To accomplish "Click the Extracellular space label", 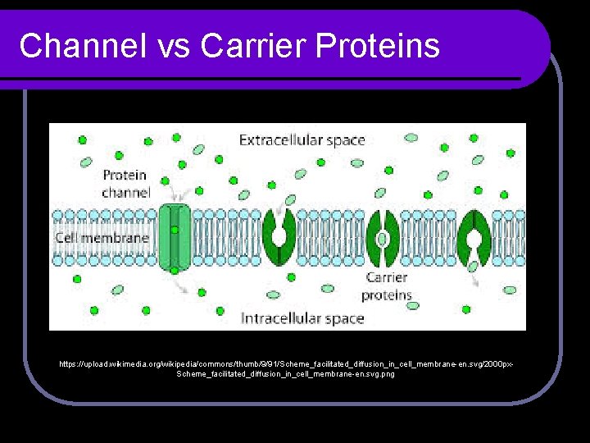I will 302,140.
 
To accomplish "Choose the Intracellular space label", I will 302,317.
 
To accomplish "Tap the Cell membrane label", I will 102,238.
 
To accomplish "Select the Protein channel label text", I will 125,184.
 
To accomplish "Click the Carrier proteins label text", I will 386,286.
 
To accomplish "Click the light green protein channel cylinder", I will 175,237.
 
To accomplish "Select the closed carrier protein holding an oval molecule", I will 383,238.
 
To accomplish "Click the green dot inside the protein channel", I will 175,230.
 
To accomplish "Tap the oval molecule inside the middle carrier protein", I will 383,239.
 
